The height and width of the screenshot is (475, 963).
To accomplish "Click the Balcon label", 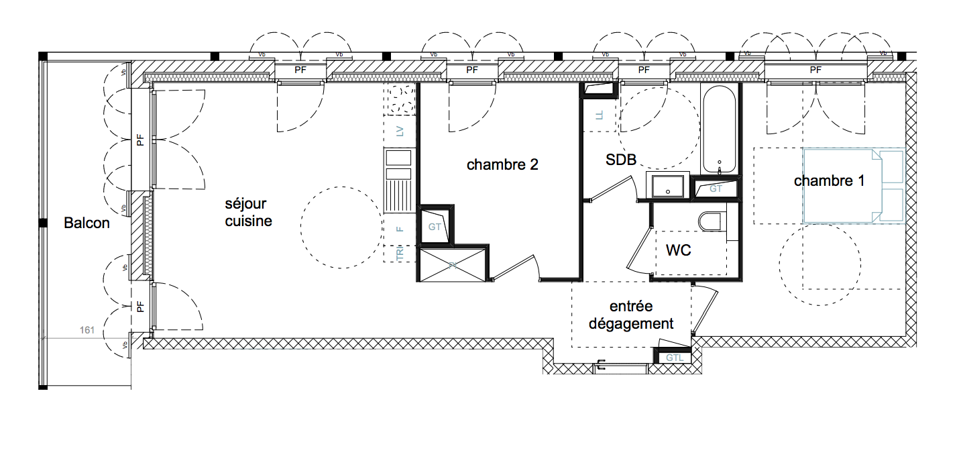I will (87, 223).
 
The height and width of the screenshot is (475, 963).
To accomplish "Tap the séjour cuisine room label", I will (248, 211).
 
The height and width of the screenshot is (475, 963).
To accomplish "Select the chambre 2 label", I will (502, 164).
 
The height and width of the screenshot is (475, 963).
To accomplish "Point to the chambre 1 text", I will (829, 181).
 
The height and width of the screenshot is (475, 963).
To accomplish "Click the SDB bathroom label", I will (620, 160).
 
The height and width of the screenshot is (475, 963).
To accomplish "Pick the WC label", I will (678, 250).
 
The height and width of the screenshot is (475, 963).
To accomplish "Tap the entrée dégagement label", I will (631, 315).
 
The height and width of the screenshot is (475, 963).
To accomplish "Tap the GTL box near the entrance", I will (675, 358).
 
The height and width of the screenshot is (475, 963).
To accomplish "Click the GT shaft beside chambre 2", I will (435, 227).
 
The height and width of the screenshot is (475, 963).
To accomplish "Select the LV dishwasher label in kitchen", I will (400, 131).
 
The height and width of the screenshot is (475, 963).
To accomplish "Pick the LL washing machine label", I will (600, 115).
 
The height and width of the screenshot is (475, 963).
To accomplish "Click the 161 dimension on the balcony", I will (87, 329).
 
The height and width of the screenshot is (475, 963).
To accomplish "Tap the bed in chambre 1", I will (854, 185).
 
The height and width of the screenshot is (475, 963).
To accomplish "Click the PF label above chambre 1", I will (815, 70).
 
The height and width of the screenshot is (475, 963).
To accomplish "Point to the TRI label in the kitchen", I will (400, 254).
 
